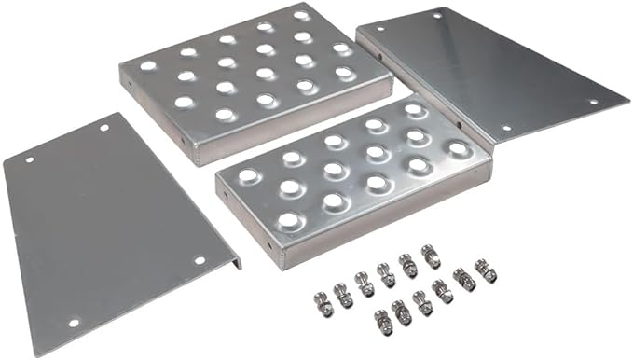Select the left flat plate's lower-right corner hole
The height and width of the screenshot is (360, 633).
click(x=199, y=260)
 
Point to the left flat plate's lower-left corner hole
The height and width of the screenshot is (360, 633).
click(x=73, y=323)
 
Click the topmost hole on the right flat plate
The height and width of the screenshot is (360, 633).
click(x=436, y=16)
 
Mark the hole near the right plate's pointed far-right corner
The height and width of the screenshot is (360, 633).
click(x=592, y=101)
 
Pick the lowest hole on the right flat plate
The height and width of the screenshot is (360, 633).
click(x=506, y=128)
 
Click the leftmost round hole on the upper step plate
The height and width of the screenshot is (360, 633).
click(x=147, y=66)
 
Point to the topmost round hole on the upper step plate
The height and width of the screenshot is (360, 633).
click(x=301, y=16)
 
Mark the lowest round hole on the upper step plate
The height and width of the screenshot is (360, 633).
click(x=225, y=115)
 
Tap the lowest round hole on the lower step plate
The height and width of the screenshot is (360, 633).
click(x=290, y=221)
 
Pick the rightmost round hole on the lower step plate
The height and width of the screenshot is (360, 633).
click(x=458, y=148)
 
